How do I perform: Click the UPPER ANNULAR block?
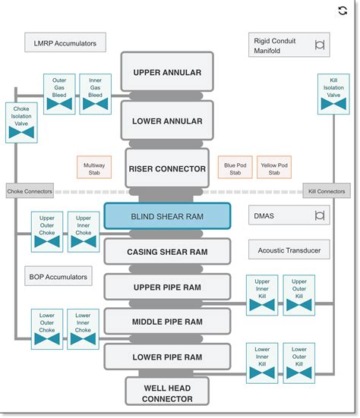click(x=167, y=73)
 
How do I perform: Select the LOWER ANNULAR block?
click(x=167, y=121)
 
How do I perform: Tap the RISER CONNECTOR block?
click(x=167, y=168)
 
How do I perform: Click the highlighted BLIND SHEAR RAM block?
click(x=167, y=216)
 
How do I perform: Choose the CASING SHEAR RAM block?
click(x=167, y=251)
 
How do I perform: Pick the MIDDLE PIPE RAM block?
click(x=167, y=322)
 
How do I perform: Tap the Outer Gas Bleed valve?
click(x=58, y=94)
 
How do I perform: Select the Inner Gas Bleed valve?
click(x=96, y=94)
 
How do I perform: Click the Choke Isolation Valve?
click(x=22, y=123)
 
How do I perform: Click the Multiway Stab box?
click(x=95, y=168)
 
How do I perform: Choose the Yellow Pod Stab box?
click(x=274, y=168)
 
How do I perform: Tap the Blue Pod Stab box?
click(x=234, y=168)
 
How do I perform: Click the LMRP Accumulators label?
click(x=65, y=43)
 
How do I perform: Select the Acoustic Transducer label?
click(x=289, y=250)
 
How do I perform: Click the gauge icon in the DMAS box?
click(x=320, y=216)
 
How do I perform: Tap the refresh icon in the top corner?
click(x=343, y=11)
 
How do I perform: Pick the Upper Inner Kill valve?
click(x=263, y=295)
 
